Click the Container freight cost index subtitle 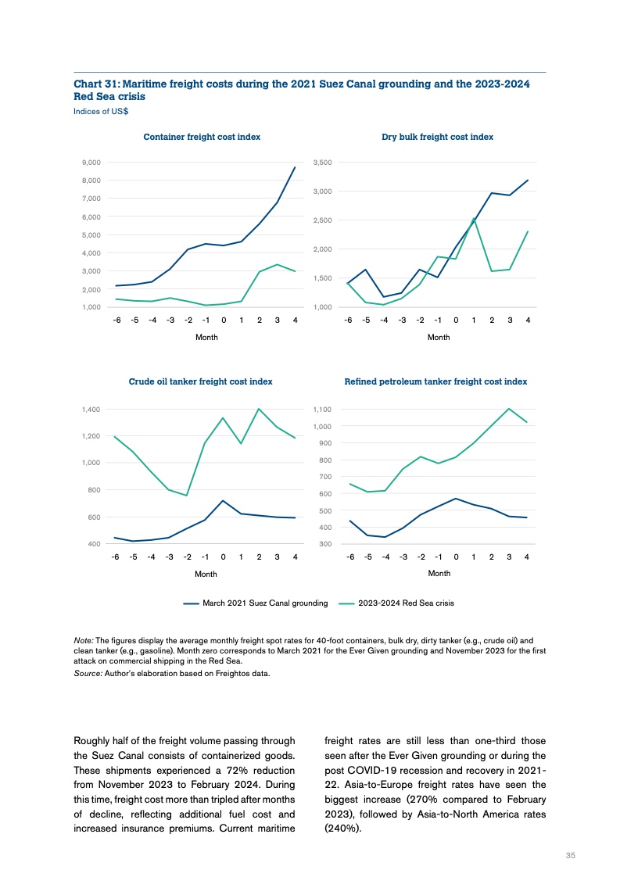click(x=202, y=137)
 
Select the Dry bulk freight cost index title click(x=437, y=137)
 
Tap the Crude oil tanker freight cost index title click(x=200, y=381)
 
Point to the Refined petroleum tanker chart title click(x=435, y=381)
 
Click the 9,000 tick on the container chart click(x=91, y=163)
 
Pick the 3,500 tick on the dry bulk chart click(x=323, y=163)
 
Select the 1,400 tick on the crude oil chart click(x=91, y=410)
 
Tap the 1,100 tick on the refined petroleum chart click(x=323, y=410)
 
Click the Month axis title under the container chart click(x=206, y=337)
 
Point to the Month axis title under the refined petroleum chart click(x=439, y=573)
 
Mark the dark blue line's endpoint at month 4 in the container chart click(x=295, y=167)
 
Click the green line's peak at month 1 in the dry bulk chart click(x=474, y=219)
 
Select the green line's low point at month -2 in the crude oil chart click(x=187, y=496)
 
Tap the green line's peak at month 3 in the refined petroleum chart click(x=509, y=409)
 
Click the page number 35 click(x=570, y=855)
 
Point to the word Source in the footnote click(x=86, y=675)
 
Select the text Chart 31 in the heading click(x=94, y=84)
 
